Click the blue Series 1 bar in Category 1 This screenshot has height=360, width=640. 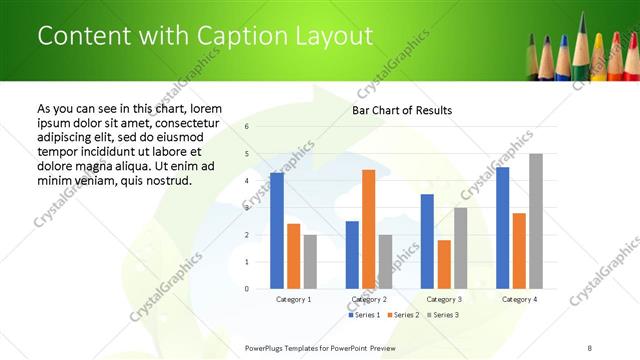(x=277, y=231)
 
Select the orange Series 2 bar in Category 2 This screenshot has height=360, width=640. (x=368, y=229)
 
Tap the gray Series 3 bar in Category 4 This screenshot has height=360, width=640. (x=535, y=221)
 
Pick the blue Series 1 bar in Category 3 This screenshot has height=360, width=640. (x=427, y=241)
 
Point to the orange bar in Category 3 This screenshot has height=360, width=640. (x=444, y=264)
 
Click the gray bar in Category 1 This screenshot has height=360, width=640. (x=310, y=262)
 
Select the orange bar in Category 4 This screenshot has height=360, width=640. (x=519, y=251)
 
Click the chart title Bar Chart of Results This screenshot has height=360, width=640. (x=402, y=110)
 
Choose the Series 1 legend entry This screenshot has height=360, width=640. (x=364, y=315)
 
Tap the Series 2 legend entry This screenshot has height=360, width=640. (x=402, y=315)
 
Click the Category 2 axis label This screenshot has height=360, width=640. (x=369, y=299)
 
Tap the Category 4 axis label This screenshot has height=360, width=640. (x=519, y=299)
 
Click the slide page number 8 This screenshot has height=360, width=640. (x=590, y=347)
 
